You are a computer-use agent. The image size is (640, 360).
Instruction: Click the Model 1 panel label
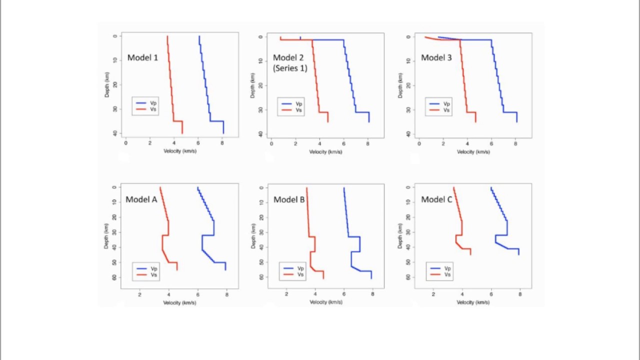142,57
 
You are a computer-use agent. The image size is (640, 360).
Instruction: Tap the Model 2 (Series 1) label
290,63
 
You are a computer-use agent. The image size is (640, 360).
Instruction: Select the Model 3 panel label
436,57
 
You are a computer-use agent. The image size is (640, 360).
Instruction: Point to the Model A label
141,199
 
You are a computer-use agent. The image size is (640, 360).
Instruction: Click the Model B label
289,199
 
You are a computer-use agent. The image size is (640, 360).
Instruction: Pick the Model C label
436,199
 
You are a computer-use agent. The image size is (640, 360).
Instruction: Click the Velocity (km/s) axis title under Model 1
180,151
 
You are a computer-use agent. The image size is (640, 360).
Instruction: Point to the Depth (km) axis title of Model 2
253,85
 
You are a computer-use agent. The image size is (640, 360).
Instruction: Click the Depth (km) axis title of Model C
400,235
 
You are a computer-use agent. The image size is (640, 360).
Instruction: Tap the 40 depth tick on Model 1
115,133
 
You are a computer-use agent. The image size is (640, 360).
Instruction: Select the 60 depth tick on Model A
114,277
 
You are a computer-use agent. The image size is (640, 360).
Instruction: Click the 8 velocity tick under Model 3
515,143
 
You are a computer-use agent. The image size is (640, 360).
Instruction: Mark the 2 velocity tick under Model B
286,294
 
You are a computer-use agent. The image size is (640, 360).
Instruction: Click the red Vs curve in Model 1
170,80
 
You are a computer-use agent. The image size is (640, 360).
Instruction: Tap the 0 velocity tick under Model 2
271,143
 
